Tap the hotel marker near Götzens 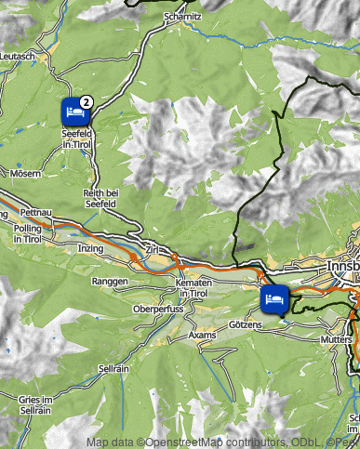point(273,300)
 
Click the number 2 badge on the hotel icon point(86,100)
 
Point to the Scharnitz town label point(181,17)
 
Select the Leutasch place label point(18,57)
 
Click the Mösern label point(26,173)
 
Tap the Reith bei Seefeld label point(100,197)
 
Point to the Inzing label point(91,248)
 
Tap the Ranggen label point(109,280)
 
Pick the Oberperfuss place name point(154,308)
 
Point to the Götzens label point(246,325)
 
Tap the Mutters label point(337,340)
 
